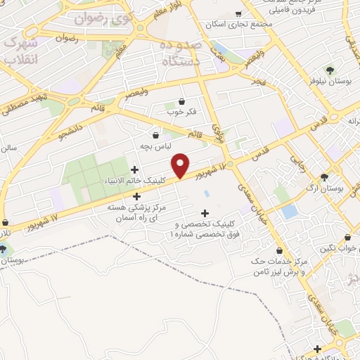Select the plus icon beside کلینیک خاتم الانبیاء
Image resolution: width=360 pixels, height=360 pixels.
(135, 169)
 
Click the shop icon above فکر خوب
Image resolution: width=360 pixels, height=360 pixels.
(182, 101)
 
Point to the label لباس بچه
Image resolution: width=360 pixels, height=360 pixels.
(156, 147)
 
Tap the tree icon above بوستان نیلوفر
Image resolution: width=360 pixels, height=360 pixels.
(330, 70)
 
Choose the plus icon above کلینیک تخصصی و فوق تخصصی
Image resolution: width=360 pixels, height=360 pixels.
(205, 213)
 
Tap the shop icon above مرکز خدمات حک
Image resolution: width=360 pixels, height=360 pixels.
(280, 250)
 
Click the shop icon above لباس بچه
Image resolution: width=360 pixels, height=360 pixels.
(156, 135)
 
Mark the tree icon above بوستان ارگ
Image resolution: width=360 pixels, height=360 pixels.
(323, 177)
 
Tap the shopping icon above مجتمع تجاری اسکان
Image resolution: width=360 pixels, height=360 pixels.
(238, 13)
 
